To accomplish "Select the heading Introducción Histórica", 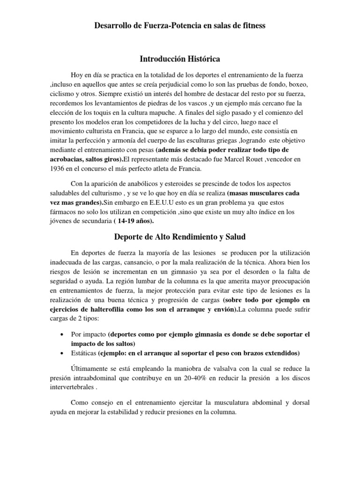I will click(180, 59).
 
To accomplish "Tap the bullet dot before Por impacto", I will click(62, 335).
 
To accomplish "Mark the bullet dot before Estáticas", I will click(62, 353).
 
